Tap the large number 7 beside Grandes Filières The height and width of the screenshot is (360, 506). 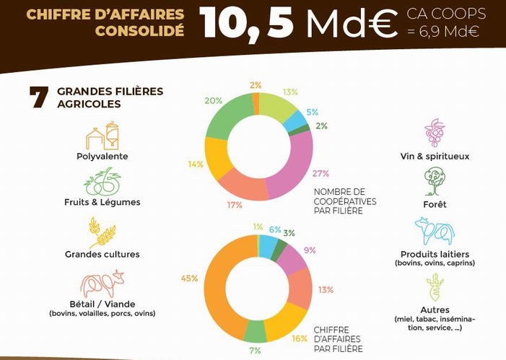pyautogui.click(x=39, y=97)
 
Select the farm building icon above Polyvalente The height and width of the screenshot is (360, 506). pyautogui.click(x=102, y=136)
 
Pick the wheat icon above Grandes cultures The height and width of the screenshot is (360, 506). pyautogui.click(x=102, y=232)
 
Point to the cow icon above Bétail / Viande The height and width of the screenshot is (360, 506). pyautogui.click(x=102, y=284)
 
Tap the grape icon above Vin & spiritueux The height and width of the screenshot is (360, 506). pyautogui.click(x=434, y=133)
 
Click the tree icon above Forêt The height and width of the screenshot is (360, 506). pyautogui.click(x=435, y=181)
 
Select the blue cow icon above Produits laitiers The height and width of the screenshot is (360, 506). pyautogui.click(x=434, y=232)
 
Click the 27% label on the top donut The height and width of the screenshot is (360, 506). pyautogui.click(x=320, y=173)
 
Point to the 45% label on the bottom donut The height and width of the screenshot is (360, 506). pyautogui.click(x=190, y=278)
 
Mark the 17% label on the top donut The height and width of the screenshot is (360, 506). pyautogui.click(x=235, y=205)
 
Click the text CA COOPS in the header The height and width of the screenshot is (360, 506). pyautogui.click(x=445, y=14)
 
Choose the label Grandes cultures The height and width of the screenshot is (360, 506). pyautogui.click(x=102, y=254)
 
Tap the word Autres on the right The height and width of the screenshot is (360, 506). pyautogui.click(x=434, y=310)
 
